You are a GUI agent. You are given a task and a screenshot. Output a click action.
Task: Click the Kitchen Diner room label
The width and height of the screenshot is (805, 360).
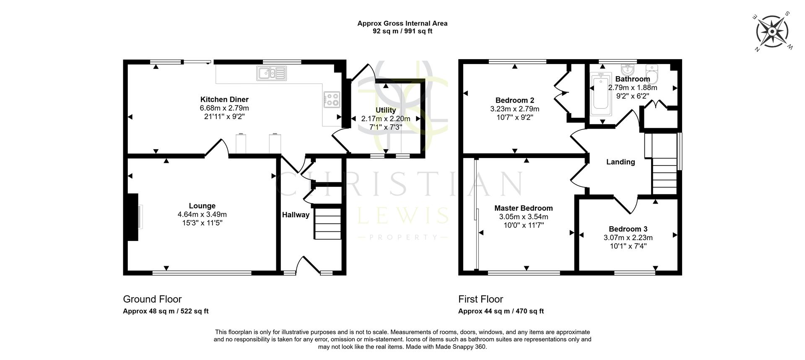[x=224, y=99]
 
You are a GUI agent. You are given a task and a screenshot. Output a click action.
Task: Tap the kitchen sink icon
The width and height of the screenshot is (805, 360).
[x=272, y=73]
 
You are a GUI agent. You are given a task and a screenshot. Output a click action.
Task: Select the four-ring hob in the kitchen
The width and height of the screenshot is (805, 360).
[x=332, y=100]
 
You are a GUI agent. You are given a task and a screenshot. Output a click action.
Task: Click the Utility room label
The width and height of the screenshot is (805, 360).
[x=385, y=110]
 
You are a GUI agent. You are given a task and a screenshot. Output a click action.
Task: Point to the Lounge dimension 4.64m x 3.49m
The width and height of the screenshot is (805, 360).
[x=202, y=214]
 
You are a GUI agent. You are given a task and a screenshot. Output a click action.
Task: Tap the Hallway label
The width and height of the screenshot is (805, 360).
[x=296, y=215]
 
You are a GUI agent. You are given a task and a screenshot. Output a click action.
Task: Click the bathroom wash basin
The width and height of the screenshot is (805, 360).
[x=628, y=69]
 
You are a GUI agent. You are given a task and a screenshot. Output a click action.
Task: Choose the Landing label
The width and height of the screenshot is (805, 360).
[x=621, y=162]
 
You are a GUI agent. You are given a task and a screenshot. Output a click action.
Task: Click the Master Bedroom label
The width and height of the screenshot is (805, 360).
[x=523, y=208]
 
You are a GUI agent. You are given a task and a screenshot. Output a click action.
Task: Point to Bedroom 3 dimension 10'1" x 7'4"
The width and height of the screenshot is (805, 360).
[x=628, y=246]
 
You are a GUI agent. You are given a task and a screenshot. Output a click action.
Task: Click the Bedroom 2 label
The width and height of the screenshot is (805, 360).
[x=514, y=100]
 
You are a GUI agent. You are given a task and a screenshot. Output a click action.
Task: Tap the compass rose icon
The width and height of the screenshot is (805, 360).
[x=772, y=32]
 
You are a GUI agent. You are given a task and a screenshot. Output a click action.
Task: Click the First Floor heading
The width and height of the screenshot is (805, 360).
[x=480, y=299]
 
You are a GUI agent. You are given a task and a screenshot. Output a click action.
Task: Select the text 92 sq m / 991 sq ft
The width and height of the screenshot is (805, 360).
[x=402, y=31]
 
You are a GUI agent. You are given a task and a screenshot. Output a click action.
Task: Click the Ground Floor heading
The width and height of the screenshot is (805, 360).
[x=152, y=299]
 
